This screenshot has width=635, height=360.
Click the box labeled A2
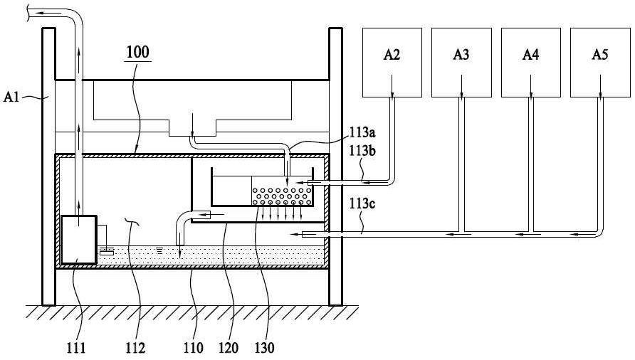(392, 63)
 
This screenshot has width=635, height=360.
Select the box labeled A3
(462, 63)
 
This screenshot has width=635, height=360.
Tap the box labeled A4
(531, 63)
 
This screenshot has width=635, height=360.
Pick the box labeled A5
(600, 63)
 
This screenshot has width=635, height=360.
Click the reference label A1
(11, 97)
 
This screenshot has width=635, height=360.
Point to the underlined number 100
(137, 52)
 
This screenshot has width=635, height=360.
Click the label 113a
(362, 132)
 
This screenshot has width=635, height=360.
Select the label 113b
(362, 151)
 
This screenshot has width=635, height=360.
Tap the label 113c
(362, 203)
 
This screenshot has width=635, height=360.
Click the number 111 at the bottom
(76, 347)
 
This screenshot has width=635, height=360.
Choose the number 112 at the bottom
(135, 347)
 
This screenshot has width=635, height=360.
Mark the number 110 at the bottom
(193, 347)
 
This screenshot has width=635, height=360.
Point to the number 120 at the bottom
(229, 347)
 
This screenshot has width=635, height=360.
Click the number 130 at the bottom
(264, 347)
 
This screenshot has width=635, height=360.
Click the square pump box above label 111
(79, 240)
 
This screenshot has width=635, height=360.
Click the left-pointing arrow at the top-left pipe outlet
(48, 13)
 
